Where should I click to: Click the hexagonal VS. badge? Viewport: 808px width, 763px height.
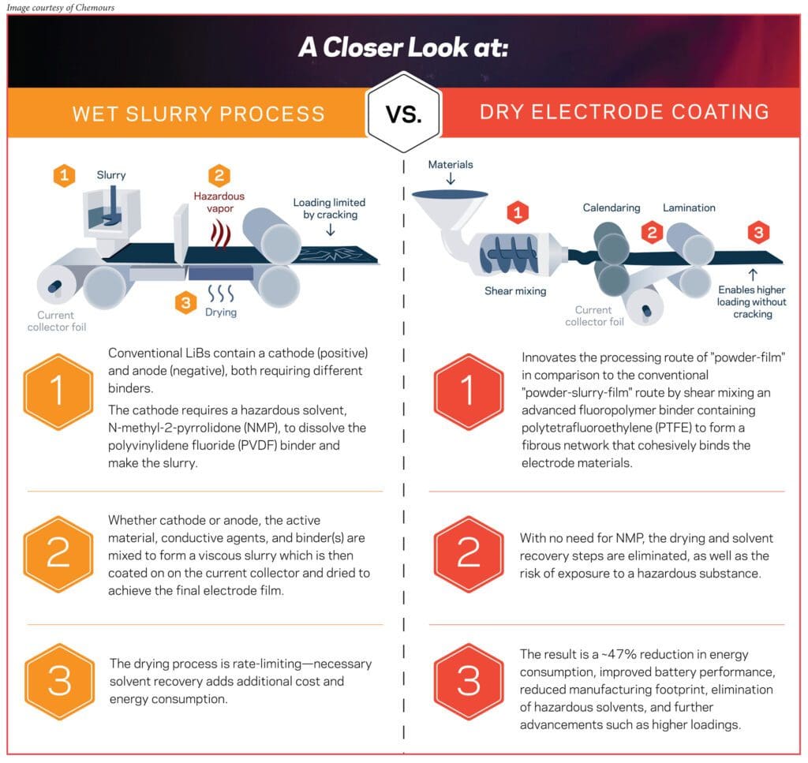pyautogui.click(x=403, y=113)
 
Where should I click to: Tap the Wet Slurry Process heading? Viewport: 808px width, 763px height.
pyautogui.click(x=198, y=114)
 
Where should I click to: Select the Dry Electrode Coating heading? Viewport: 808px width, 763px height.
pyautogui.click(x=624, y=111)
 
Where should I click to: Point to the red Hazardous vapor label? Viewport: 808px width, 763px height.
pyautogui.click(x=219, y=201)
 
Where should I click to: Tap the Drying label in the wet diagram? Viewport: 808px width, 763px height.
pyautogui.click(x=221, y=312)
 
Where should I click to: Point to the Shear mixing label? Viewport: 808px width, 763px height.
pyautogui.click(x=515, y=291)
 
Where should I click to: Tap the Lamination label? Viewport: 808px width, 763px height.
pyautogui.click(x=689, y=208)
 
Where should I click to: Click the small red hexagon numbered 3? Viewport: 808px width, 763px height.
pyautogui.click(x=757, y=233)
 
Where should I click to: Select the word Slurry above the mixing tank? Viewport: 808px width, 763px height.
pyautogui.click(x=111, y=174)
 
